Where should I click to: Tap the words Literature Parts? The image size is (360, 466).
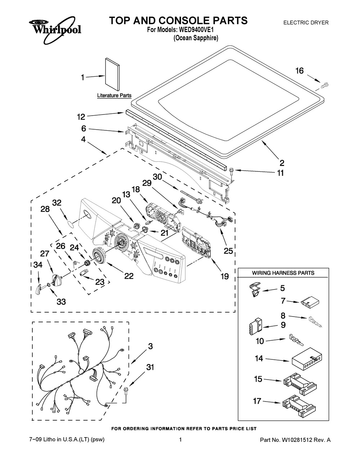tap(114, 96)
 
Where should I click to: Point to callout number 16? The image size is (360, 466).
tap(300, 71)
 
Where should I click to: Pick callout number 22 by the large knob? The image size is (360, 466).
tap(129, 276)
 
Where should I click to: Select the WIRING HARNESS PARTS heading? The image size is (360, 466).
tap(283, 273)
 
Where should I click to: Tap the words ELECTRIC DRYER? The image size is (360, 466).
tap(306, 22)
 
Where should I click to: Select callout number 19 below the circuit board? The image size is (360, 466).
tap(224, 276)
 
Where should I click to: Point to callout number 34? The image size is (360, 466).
tap(37, 265)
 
